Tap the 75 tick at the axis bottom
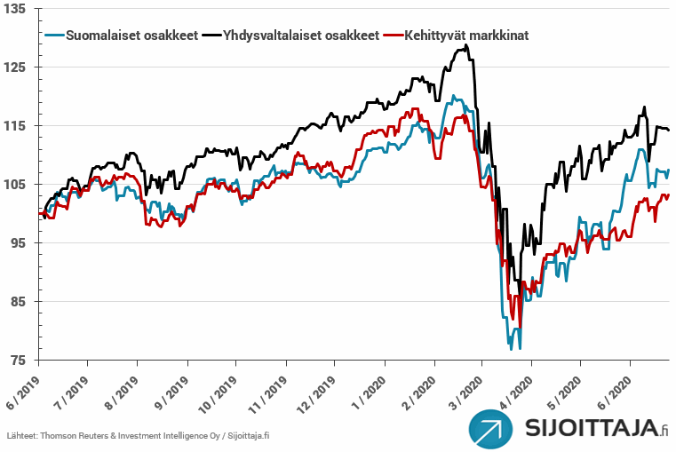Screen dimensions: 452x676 [20, 361]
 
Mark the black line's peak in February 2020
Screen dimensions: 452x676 [465, 45]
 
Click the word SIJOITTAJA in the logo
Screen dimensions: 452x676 [590, 430]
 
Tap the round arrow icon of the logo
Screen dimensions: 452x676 [493, 431]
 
